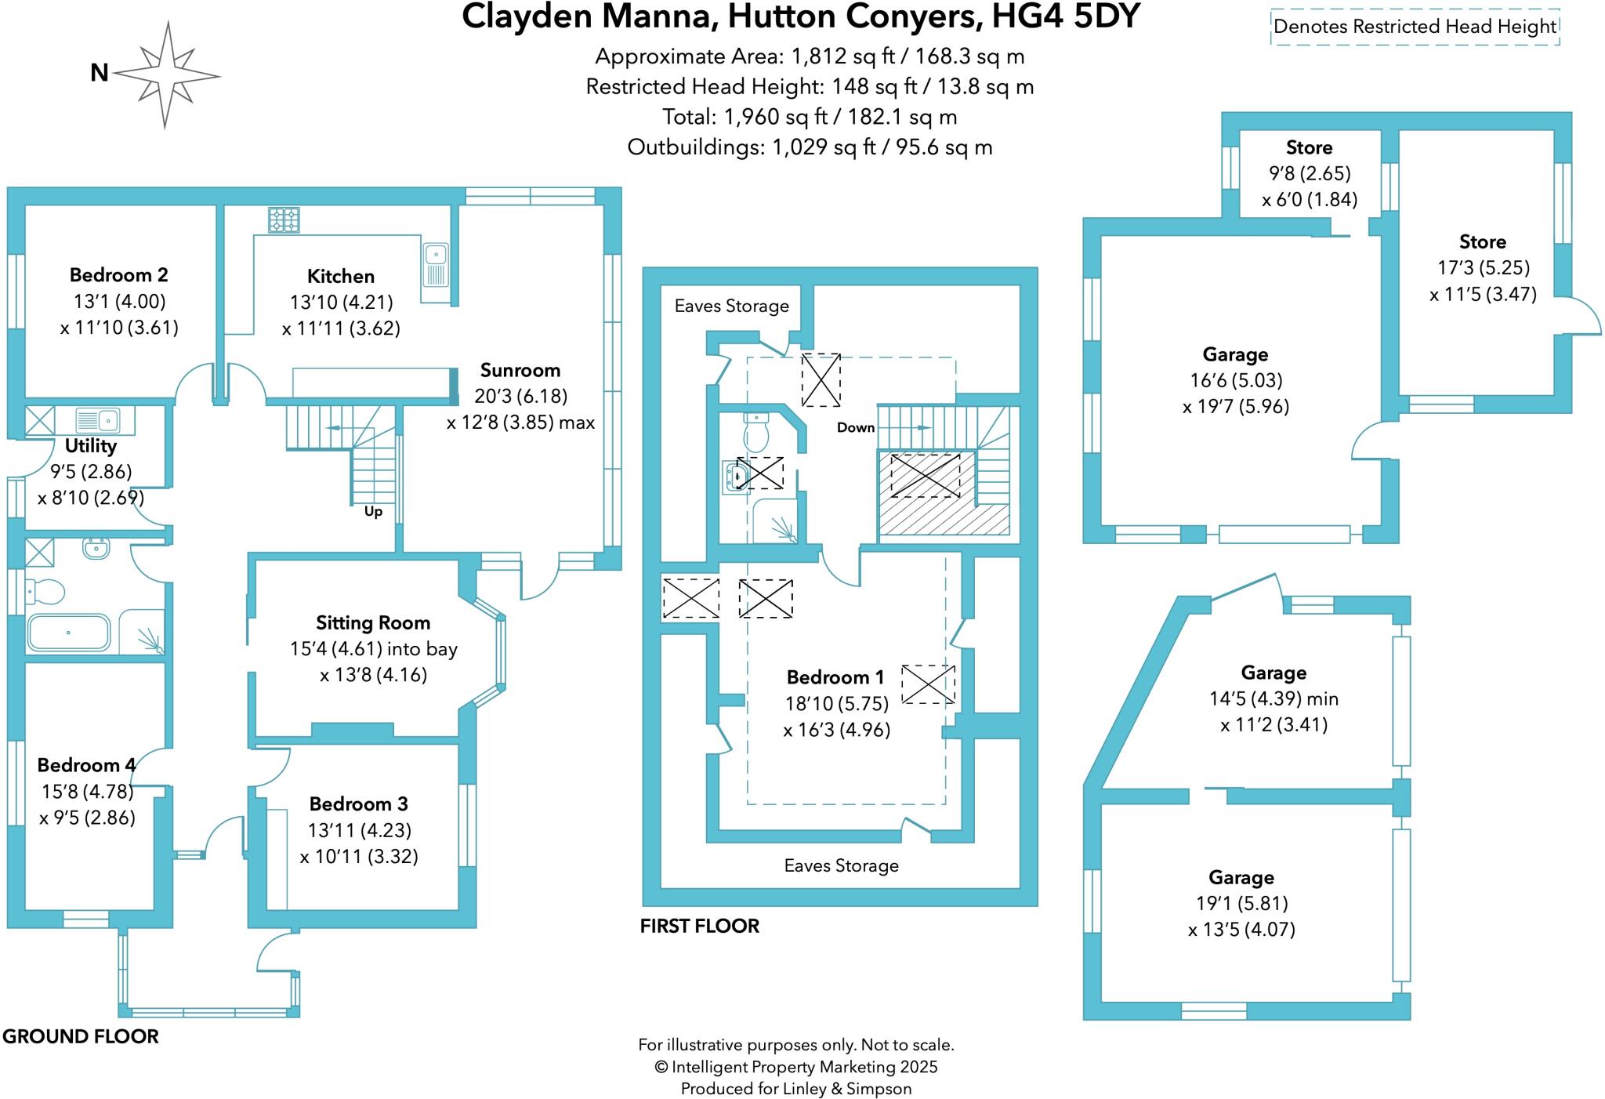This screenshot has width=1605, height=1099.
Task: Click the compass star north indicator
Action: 166,75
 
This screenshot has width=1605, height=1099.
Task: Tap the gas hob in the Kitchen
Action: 284,219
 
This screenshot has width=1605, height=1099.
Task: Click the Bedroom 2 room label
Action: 118,275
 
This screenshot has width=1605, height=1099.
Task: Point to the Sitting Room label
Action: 373,623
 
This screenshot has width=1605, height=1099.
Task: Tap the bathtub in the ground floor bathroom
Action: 68,633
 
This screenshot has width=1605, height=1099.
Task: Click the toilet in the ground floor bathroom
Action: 44,591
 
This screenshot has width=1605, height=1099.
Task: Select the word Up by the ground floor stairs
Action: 373,512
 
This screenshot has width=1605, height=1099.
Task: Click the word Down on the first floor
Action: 855,427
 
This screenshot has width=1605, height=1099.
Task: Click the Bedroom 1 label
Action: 835,677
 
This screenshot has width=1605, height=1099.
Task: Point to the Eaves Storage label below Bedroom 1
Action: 841,865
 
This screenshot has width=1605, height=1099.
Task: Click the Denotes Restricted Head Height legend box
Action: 1415,27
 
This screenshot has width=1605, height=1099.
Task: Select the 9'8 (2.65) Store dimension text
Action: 1309,173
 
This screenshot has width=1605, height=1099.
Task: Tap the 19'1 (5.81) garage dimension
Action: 1241,903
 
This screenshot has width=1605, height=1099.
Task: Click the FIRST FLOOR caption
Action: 699,926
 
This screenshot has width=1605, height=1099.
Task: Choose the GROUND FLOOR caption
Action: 81,1036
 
